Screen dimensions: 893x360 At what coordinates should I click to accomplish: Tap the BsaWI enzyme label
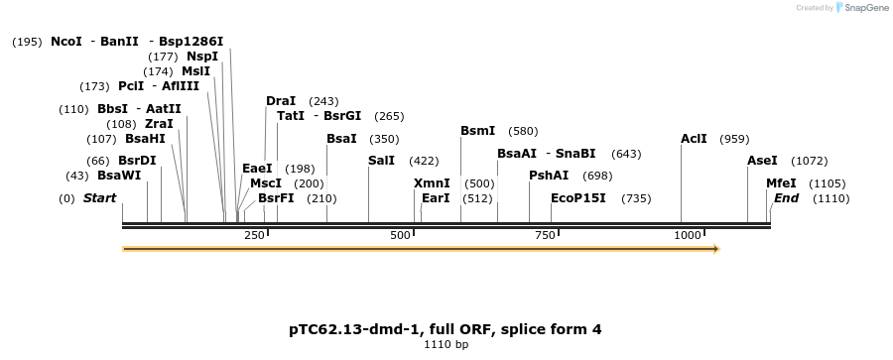coord(119,176)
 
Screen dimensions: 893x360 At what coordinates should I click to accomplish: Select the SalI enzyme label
coord(381,161)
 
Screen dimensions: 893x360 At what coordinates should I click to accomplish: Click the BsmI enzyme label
coord(477,131)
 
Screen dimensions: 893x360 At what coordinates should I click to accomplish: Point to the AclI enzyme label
coord(694,139)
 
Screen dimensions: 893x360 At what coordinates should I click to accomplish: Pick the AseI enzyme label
coord(762,161)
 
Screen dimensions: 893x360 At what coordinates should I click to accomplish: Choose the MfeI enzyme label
coord(782,183)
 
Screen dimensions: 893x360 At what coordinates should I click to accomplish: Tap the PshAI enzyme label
coord(549,176)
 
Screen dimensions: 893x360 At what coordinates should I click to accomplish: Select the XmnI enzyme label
coord(432,183)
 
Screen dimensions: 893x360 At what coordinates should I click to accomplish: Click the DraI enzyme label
coord(281,101)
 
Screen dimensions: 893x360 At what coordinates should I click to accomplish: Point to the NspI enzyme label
coord(202,57)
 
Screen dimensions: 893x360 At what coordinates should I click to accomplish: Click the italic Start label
coord(99,198)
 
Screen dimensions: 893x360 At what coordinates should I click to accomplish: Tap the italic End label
coord(786,198)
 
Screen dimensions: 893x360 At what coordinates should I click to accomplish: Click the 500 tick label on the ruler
coord(401,235)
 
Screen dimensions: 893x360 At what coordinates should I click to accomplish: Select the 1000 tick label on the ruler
coord(688,235)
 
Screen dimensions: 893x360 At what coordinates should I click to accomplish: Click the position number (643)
coord(626,154)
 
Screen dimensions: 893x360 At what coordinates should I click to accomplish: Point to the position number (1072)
coord(809,161)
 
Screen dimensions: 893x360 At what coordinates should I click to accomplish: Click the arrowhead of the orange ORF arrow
coord(715,248)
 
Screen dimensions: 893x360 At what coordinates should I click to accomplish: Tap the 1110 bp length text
coord(446,345)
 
